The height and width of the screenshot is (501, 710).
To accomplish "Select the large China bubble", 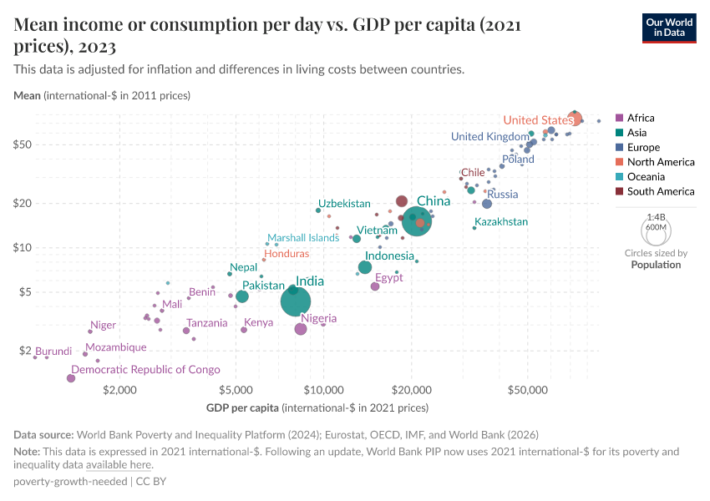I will pos(416,220).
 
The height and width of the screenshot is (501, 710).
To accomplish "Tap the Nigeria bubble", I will pos(301,329).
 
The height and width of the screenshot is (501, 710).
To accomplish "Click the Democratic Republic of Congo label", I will pos(146,369).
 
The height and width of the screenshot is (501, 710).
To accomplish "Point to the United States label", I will pos(538,120).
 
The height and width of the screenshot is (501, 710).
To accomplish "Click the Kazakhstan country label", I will pos(501,222).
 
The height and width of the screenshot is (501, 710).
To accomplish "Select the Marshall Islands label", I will pos(302,238).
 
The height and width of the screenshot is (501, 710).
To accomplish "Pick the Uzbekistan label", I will pos(344,204).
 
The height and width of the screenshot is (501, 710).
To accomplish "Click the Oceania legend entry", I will pos(647,177).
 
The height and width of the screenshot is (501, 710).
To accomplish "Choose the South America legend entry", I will pos(660,191).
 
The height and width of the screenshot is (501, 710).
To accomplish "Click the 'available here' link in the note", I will pos(119,465).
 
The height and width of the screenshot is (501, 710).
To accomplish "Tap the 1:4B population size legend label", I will pos(656,216).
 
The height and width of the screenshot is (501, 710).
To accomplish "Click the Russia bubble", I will pos(487,204).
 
